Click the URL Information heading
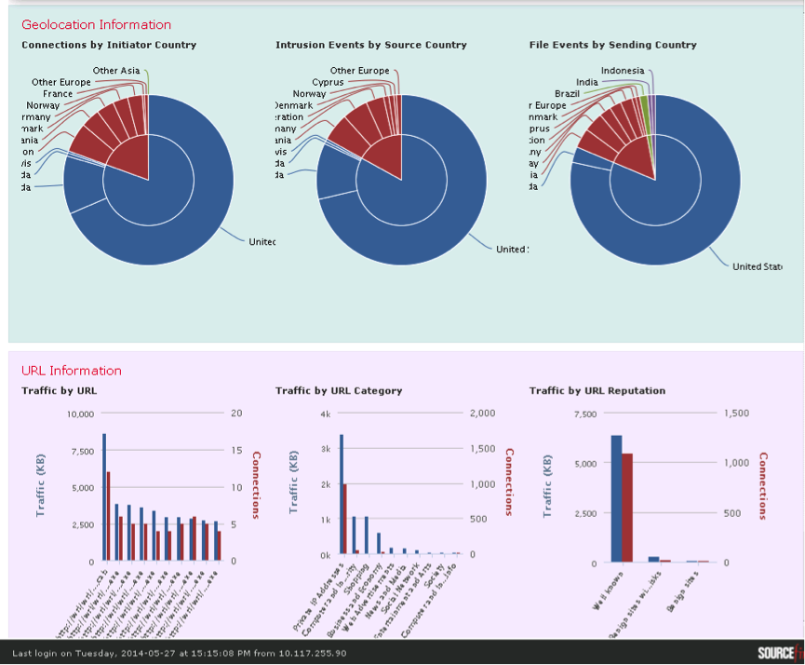(x=72, y=371)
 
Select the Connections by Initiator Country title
(x=109, y=45)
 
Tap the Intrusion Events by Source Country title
(x=371, y=45)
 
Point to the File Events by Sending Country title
(x=612, y=45)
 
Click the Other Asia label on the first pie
(x=116, y=71)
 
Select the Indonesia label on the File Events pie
(x=623, y=71)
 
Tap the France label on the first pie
(x=57, y=94)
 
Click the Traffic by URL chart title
(x=59, y=391)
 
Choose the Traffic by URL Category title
(x=339, y=391)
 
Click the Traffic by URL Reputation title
(x=597, y=391)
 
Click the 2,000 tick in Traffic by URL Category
(x=481, y=414)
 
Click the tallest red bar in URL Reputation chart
(x=627, y=508)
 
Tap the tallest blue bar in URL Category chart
(x=342, y=494)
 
